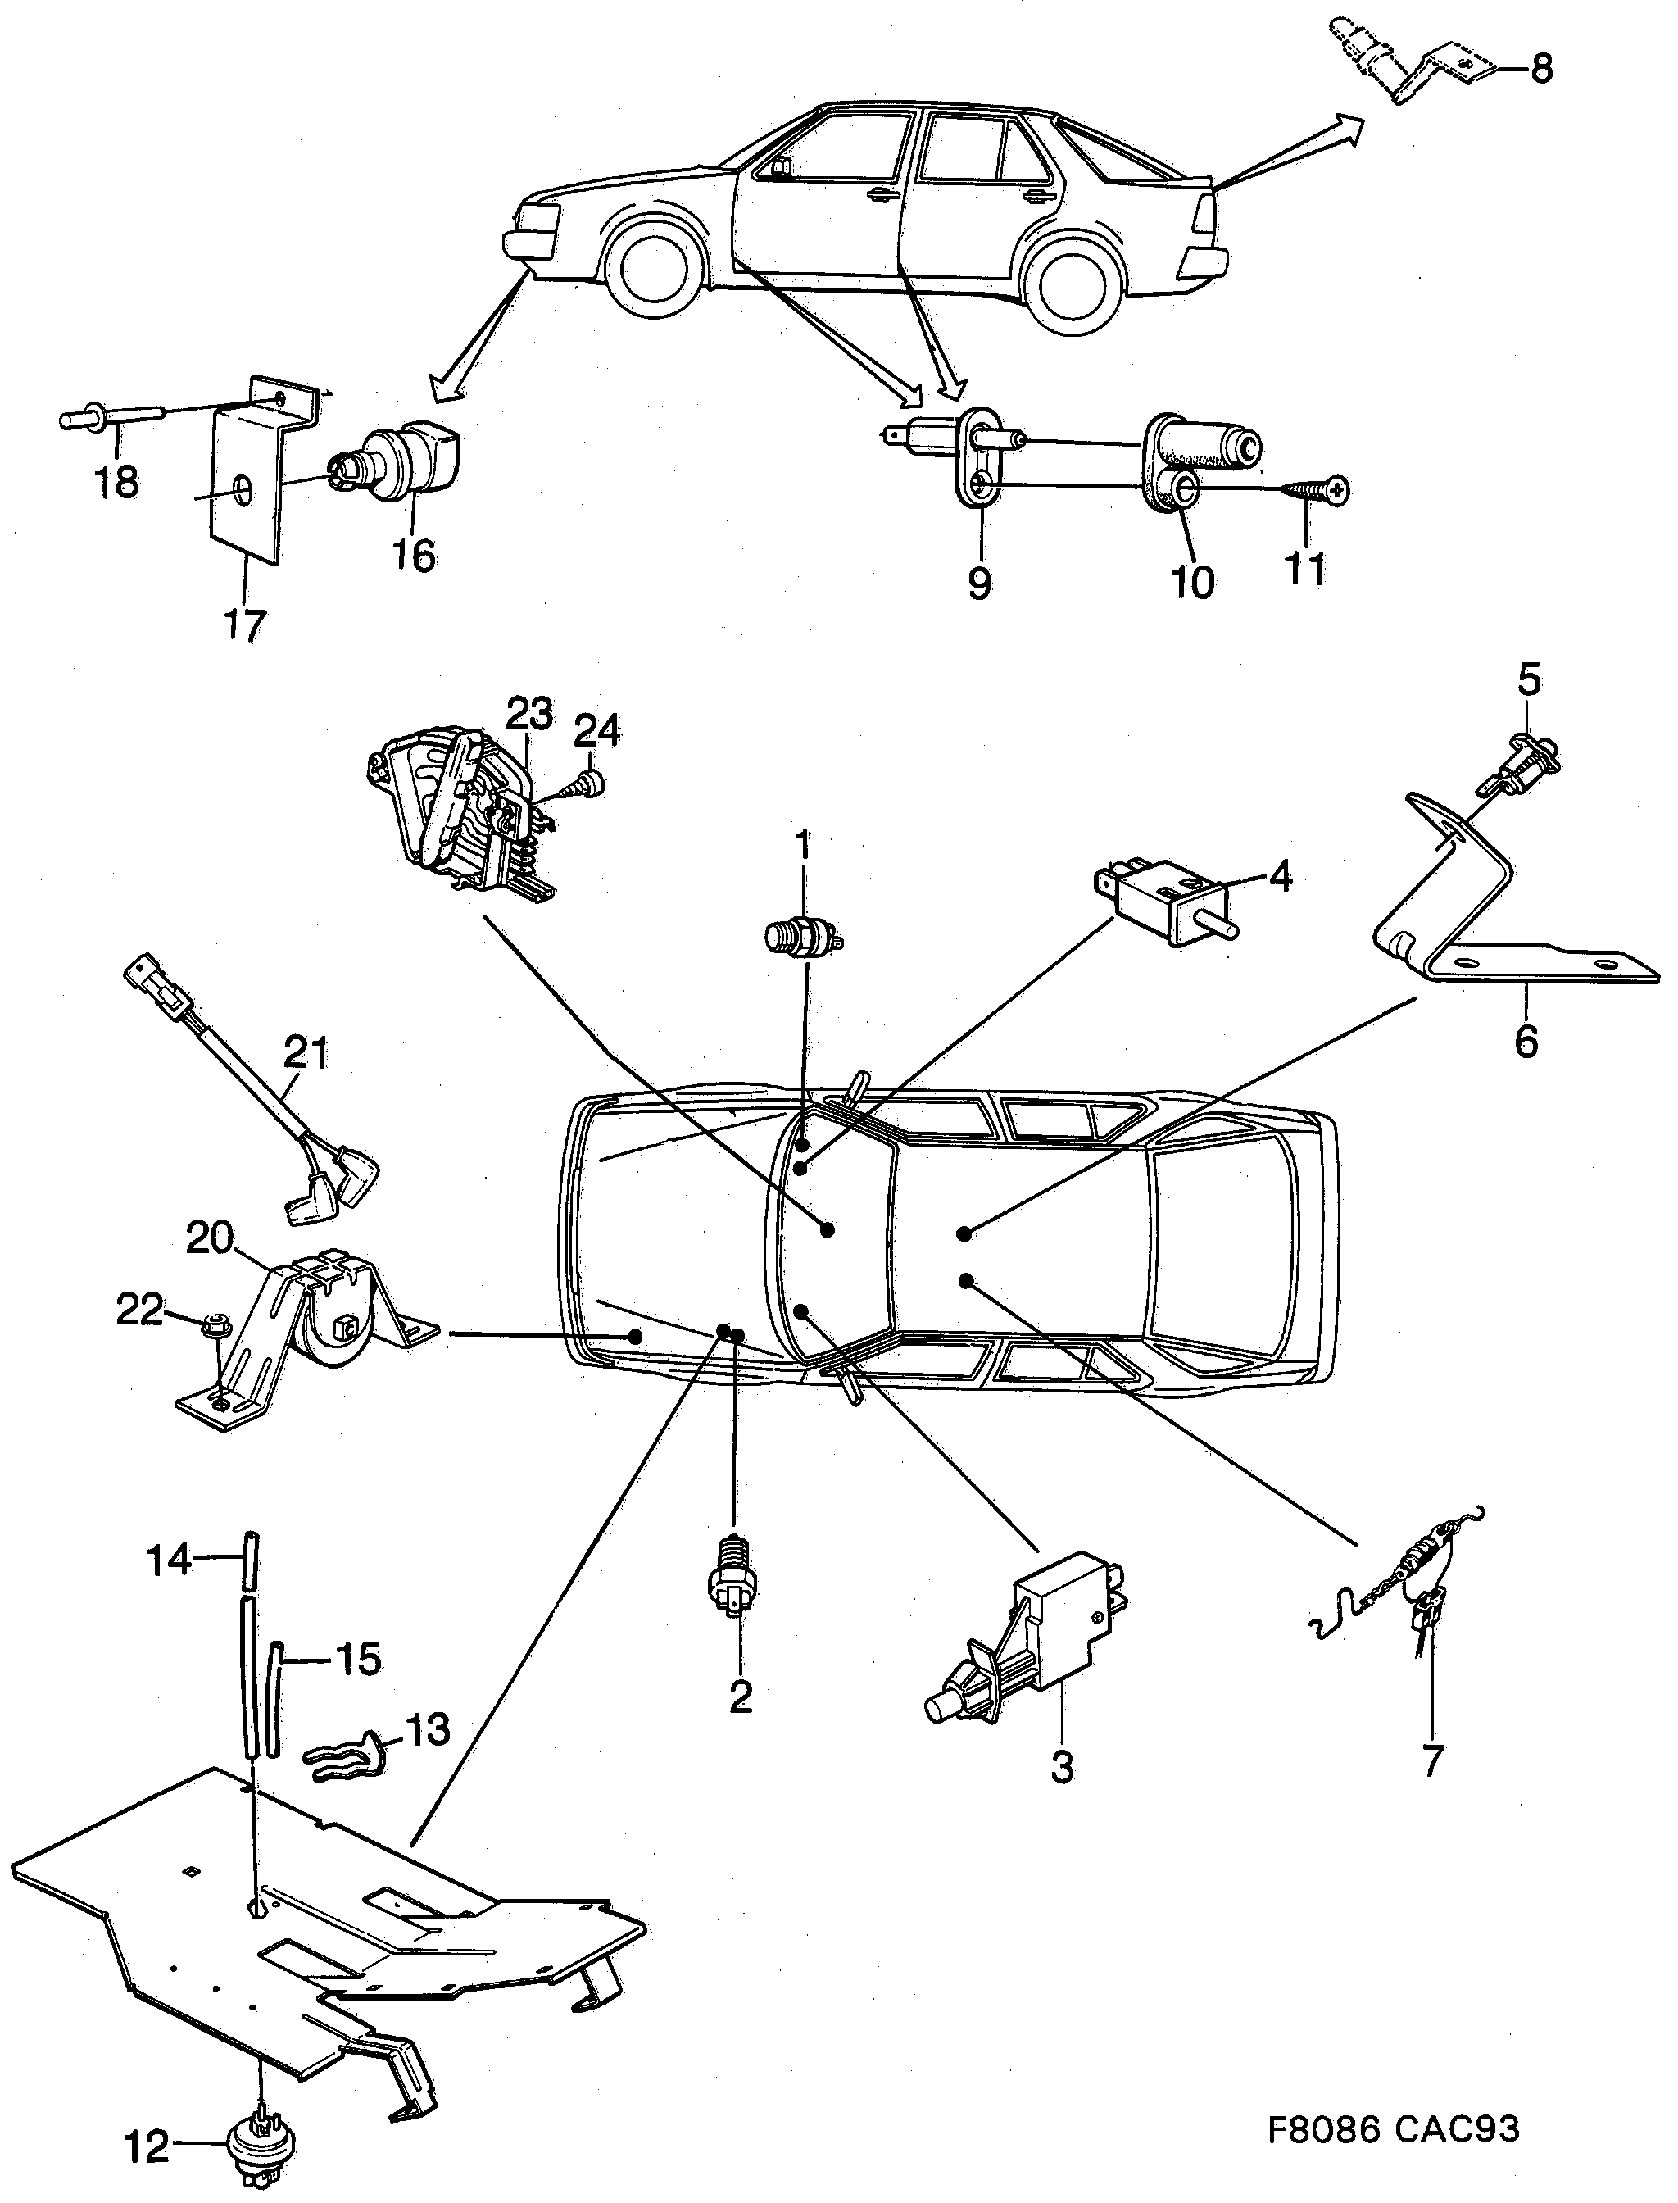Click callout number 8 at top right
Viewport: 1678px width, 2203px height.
coord(1541,69)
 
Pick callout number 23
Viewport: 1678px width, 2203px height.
coord(528,715)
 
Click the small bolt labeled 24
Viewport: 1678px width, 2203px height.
coord(587,785)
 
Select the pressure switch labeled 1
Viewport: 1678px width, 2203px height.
coord(801,937)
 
